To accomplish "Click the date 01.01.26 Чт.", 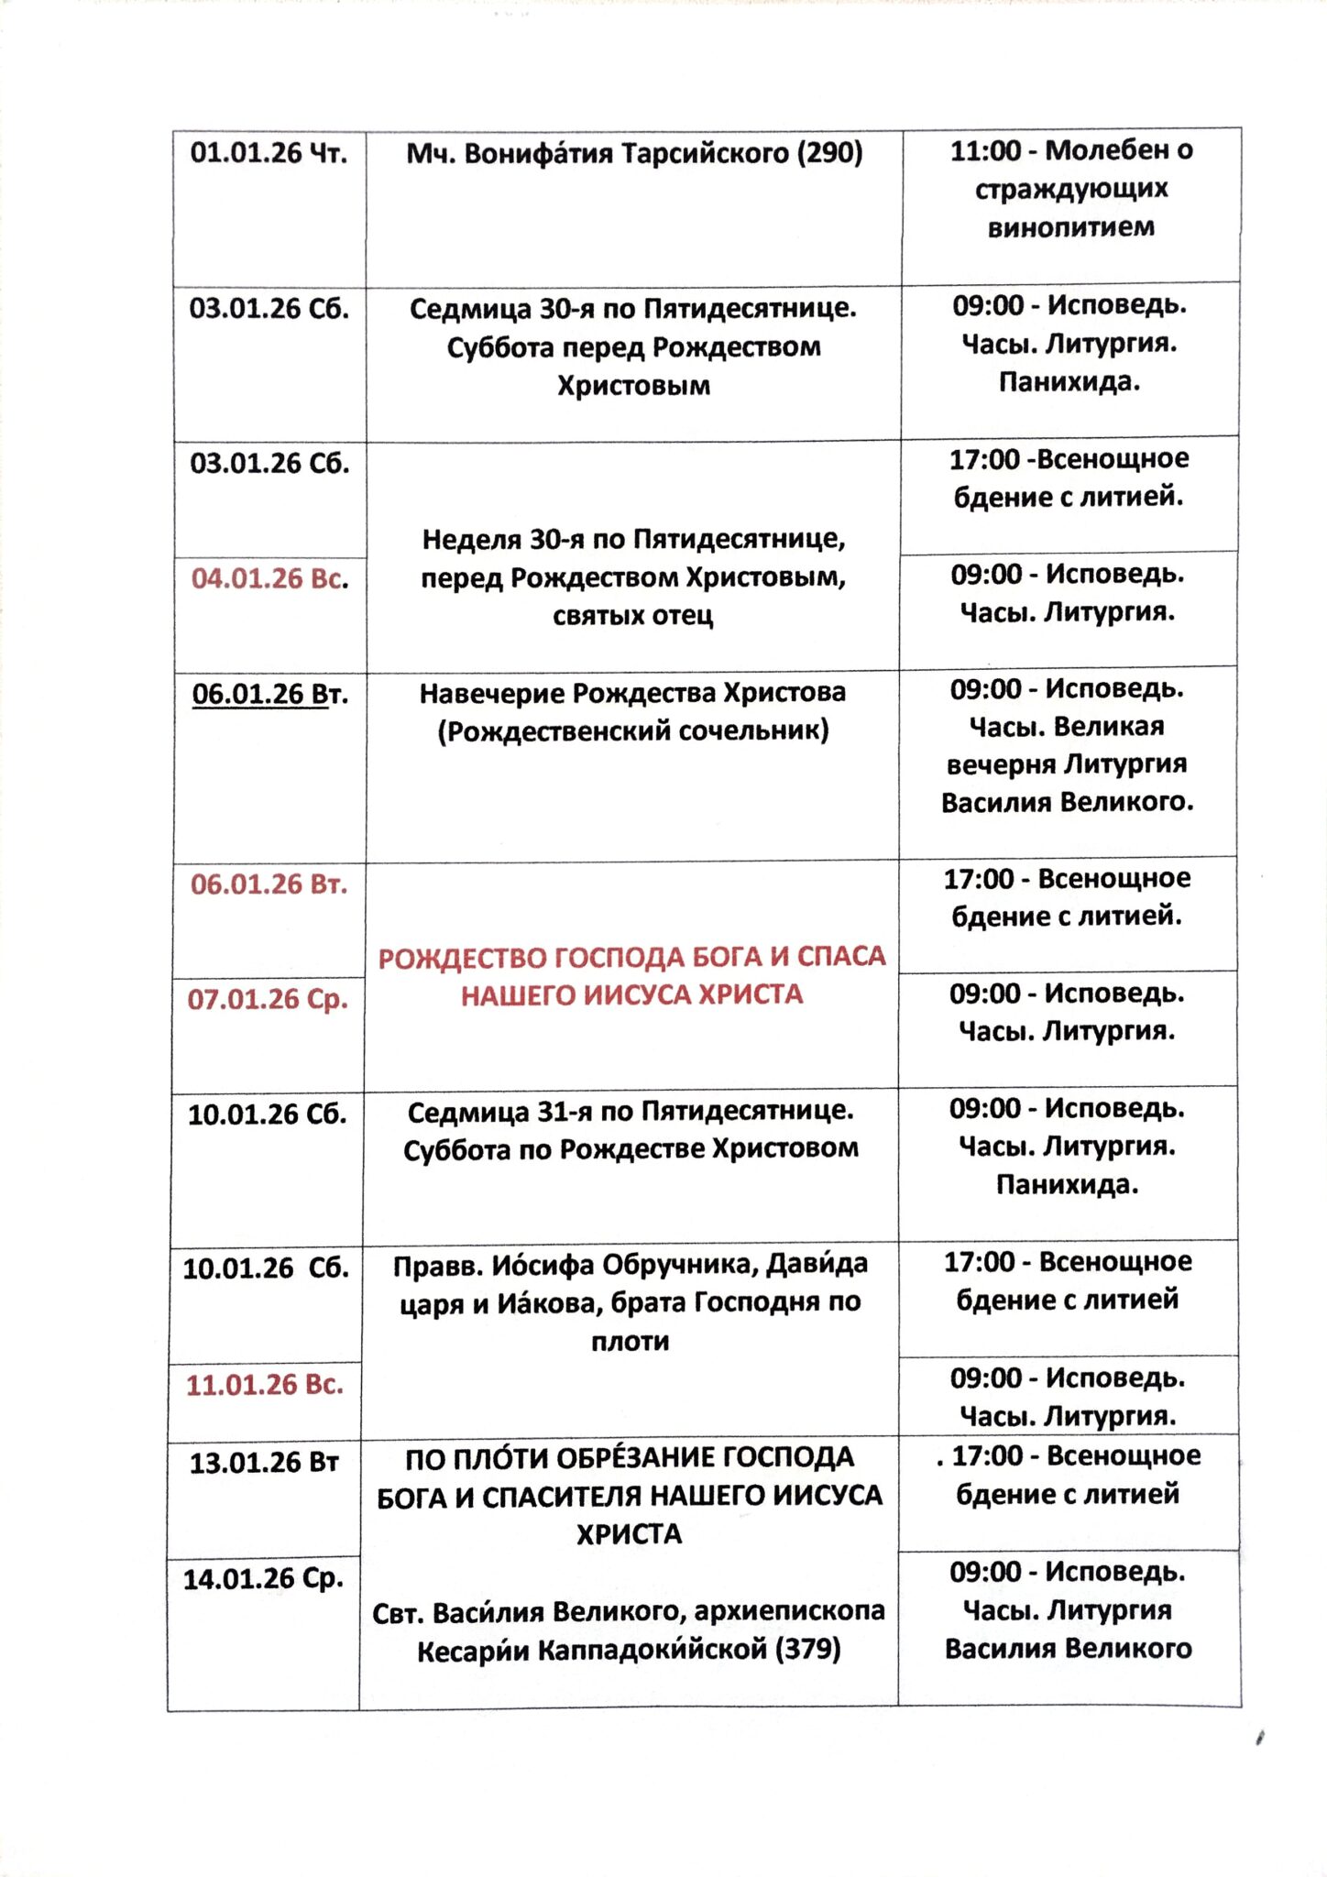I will (x=269, y=153).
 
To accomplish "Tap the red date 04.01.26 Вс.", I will (x=269, y=578).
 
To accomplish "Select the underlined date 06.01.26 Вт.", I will (x=269, y=694).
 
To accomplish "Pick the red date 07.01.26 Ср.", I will (x=268, y=999).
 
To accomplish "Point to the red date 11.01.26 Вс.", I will (x=265, y=1385).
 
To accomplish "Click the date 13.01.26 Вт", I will (x=264, y=1463).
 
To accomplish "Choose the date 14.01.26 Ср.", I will (x=263, y=1578).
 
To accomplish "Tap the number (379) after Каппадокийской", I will (x=808, y=1651).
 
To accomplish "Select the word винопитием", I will (x=1070, y=226).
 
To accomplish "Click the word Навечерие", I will (x=491, y=693).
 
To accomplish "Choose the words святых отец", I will (x=632, y=615).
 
